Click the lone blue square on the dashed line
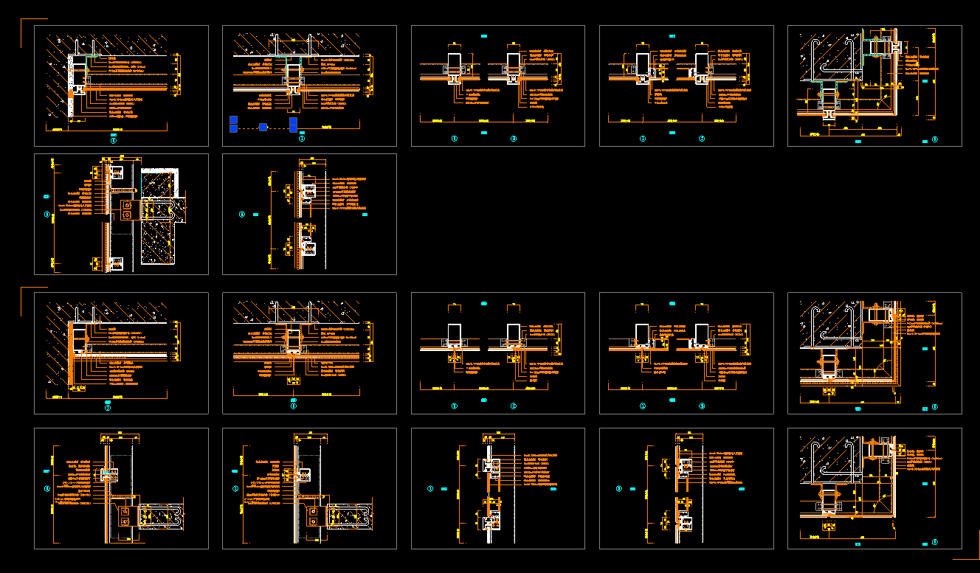click(x=263, y=128)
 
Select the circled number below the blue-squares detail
click(x=301, y=138)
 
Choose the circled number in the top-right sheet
click(x=934, y=139)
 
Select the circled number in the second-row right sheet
click(x=242, y=215)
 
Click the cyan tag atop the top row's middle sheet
click(x=483, y=35)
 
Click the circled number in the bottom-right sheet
click(x=934, y=542)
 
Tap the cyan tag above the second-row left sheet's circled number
click(x=47, y=197)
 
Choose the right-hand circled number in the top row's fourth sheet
click(x=702, y=139)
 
